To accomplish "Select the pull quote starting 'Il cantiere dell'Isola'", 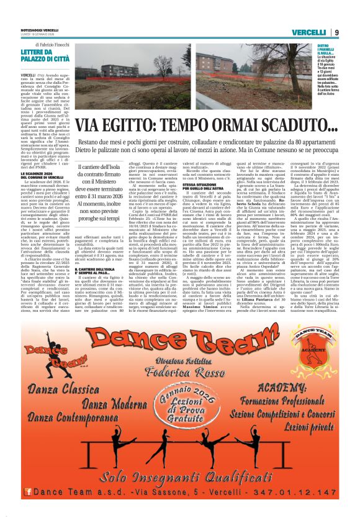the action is (x=105, y=189).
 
